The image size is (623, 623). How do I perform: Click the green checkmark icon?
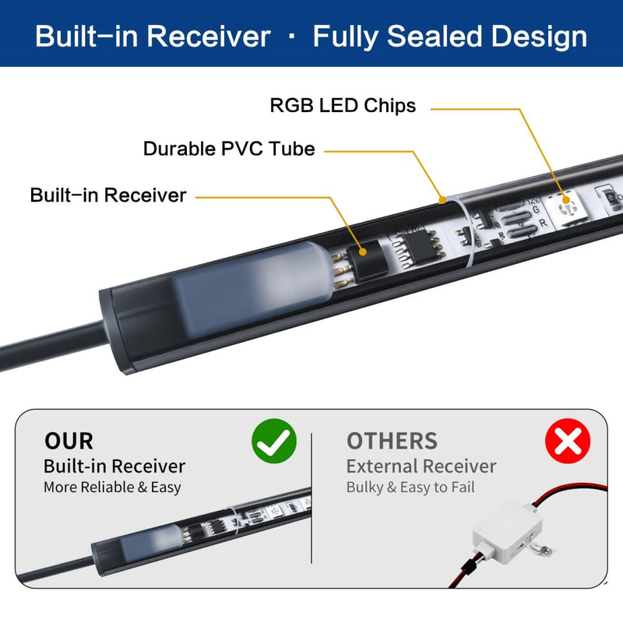274,441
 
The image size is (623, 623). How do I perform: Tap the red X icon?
568,441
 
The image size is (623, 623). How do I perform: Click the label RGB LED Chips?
343,106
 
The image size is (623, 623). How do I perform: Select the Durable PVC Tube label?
229,149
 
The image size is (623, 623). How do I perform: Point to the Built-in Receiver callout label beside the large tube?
108,195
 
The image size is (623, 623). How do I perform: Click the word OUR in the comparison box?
69,441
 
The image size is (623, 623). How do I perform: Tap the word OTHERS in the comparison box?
392,441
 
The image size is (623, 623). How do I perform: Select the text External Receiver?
421,466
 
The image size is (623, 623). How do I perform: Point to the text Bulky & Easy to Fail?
410,487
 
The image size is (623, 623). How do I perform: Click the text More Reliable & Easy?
112,487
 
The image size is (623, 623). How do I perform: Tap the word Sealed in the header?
435,36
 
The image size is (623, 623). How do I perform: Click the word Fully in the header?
345,37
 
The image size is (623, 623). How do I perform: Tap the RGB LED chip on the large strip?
566,209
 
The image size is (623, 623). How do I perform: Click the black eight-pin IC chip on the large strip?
417,246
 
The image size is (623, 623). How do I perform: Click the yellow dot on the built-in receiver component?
362,252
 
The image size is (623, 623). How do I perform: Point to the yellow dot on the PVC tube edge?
442,200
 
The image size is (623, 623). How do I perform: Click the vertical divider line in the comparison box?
311,498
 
